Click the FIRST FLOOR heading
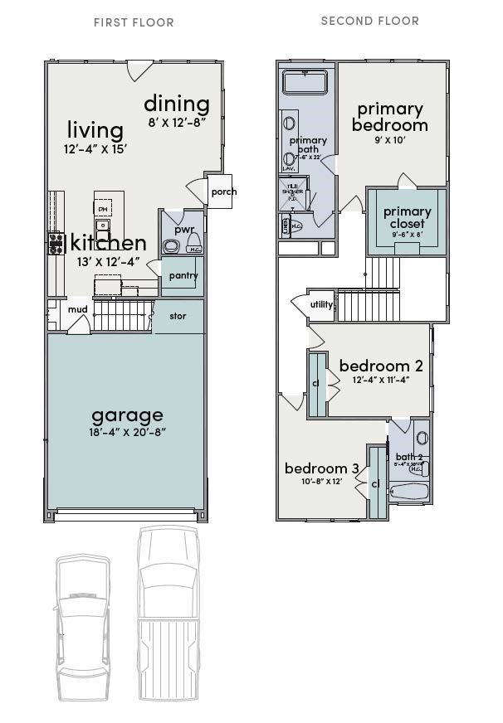click(x=133, y=22)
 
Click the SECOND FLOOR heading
click(x=369, y=21)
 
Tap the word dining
click(x=176, y=104)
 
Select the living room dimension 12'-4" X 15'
click(x=95, y=149)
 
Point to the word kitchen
click(x=109, y=243)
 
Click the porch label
click(x=223, y=192)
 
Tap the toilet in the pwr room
click(x=173, y=245)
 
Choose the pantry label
click(x=183, y=276)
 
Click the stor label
click(x=178, y=316)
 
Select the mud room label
click(x=77, y=310)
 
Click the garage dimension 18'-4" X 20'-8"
click(x=128, y=432)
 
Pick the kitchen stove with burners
click(x=56, y=243)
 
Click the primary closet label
click(x=407, y=217)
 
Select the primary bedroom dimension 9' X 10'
click(x=389, y=140)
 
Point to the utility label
click(x=321, y=304)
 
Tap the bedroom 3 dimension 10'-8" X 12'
click(x=321, y=481)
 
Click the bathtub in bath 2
click(x=408, y=493)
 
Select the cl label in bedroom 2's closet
click(x=316, y=384)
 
